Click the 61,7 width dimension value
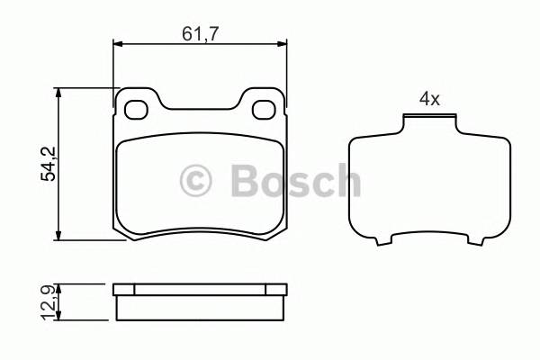point(199,33)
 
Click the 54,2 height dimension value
point(49,164)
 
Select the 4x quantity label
point(428,99)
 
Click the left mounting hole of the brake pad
point(137,110)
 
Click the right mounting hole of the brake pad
point(265,110)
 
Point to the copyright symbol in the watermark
point(197,180)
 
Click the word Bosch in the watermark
point(295,180)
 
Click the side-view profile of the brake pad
point(200,302)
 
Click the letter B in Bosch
point(245,180)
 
